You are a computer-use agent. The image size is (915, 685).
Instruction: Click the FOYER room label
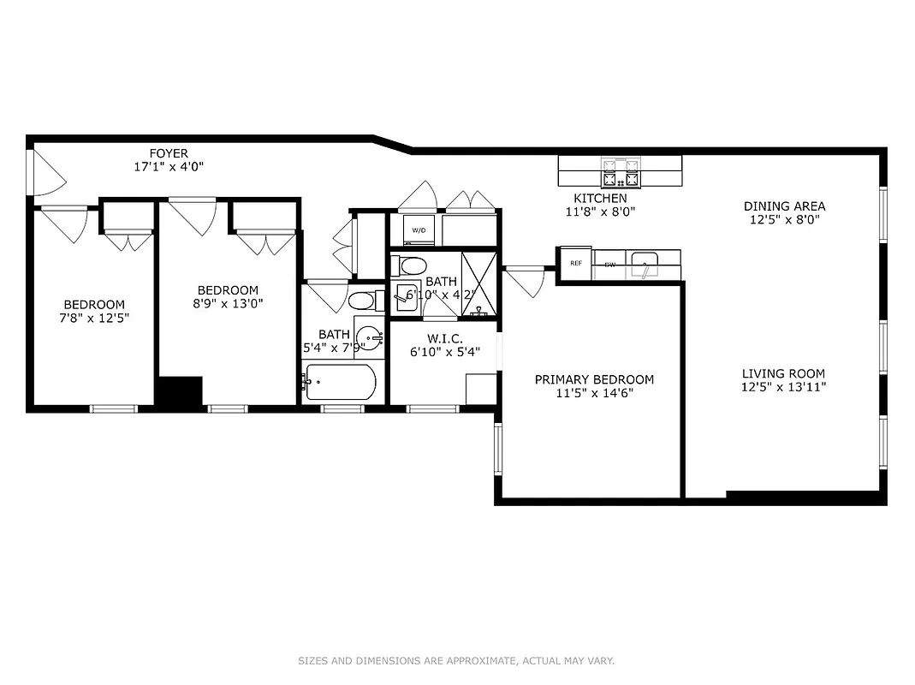click(x=169, y=154)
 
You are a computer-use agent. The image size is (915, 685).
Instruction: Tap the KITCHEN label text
click(x=600, y=199)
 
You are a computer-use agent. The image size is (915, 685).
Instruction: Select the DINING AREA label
click(x=784, y=206)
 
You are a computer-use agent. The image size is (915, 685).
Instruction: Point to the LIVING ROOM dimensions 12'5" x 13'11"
click(x=783, y=387)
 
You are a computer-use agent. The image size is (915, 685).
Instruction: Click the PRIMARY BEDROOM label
click(x=594, y=379)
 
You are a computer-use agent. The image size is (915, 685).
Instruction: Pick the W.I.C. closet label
click(x=445, y=339)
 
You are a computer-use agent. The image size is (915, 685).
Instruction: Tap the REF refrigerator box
click(x=576, y=264)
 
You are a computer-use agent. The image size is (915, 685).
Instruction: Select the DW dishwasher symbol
click(x=610, y=265)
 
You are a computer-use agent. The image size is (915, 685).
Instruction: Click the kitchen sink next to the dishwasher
click(x=644, y=264)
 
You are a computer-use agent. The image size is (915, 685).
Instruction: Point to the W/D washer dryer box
click(x=419, y=230)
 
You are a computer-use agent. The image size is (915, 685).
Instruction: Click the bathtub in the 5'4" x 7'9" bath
click(x=340, y=383)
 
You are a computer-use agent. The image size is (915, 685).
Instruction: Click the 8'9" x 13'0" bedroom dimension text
click(x=228, y=302)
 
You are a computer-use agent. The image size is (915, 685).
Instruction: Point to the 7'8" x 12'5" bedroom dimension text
click(x=94, y=318)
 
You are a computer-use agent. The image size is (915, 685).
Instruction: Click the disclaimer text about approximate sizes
click(x=456, y=661)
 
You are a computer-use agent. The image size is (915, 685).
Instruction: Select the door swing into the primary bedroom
click(x=525, y=281)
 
